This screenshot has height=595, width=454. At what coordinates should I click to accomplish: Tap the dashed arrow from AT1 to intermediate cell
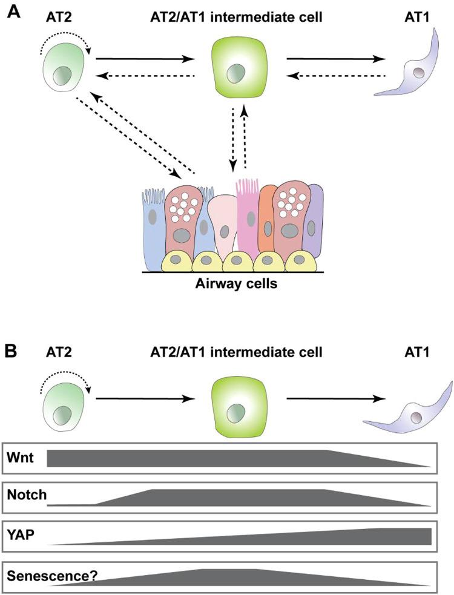click(x=337, y=76)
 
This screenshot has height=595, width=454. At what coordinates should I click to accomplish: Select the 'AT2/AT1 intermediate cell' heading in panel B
click(x=234, y=352)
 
